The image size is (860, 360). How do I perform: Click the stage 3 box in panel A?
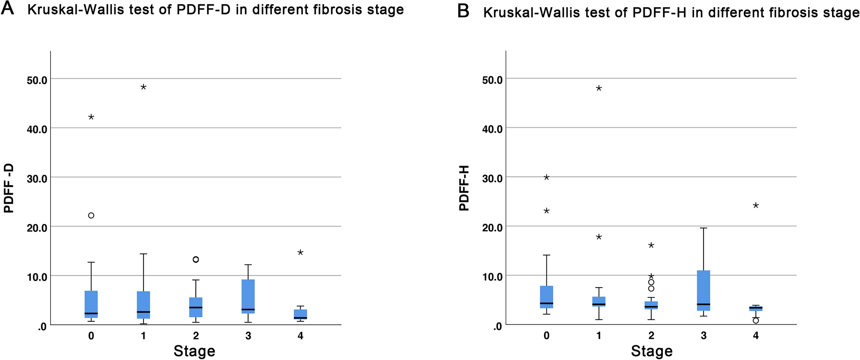point(248,296)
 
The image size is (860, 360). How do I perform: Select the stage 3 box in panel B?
point(703,290)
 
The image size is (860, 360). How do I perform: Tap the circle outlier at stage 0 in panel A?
point(91,216)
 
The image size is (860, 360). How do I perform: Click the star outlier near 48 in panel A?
point(144,87)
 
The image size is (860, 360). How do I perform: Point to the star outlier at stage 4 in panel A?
point(300,252)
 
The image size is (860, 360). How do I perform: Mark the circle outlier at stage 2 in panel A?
point(196,259)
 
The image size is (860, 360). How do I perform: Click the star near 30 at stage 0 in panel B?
point(546,177)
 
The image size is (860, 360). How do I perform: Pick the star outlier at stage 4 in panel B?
point(756,206)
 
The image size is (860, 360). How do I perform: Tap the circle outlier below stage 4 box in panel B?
point(756,321)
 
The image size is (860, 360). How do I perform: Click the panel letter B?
point(463,11)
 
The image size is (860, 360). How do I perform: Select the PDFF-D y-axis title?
point(9,188)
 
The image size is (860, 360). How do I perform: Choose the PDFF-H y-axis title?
point(464,188)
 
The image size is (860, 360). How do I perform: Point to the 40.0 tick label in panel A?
point(37,129)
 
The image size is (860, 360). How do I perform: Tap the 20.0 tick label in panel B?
point(492,228)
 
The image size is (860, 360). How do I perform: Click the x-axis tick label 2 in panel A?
point(196,336)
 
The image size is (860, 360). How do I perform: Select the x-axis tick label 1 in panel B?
point(599,336)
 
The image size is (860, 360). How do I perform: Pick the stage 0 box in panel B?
point(546,297)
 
